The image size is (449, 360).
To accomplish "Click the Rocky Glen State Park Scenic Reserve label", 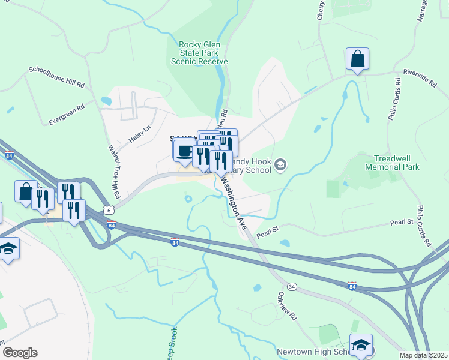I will click(x=199, y=53).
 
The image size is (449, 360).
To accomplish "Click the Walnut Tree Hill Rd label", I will click(x=114, y=172).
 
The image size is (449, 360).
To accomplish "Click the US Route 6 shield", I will click(x=107, y=210).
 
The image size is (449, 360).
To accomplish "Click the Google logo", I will click(x=20, y=353).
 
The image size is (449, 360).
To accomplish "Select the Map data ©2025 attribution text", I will click(x=423, y=355).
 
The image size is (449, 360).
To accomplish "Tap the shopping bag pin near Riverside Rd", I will click(x=357, y=59).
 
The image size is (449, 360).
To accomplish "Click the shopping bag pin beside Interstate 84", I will click(x=26, y=192).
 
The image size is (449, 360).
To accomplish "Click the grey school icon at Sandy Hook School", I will click(x=280, y=164).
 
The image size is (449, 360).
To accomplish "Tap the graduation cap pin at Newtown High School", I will click(x=361, y=346).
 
